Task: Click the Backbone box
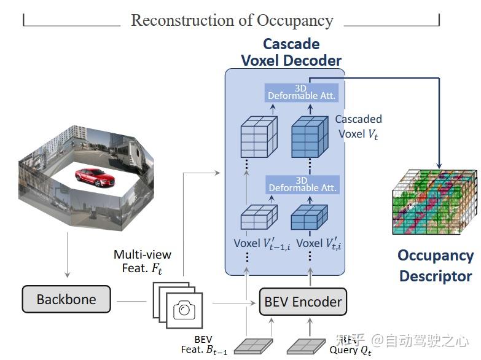(x=66, y=300)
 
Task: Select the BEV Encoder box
(x=302, y=302)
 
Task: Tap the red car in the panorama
(x=95, y=177)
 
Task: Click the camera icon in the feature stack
(x=184, y=310)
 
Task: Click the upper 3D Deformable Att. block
(x=301, y=93)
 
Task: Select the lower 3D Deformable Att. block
(x=301, y=184)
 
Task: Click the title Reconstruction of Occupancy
(x=232, y=20)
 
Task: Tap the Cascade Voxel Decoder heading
(x=291, y=52)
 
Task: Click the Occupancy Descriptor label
(x=436, y=265)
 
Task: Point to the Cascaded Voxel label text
(x=358, y=127)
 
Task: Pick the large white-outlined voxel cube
(x=258, y=141)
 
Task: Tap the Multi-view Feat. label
(x=143, y=261)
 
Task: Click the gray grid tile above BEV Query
(x=305, y=346)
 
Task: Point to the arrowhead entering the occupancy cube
(x=439, y=164)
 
